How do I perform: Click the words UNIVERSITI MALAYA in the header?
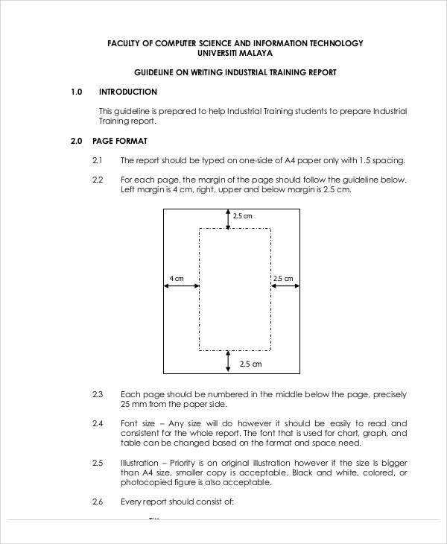click(235, 54)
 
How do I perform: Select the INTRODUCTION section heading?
click(127, 92)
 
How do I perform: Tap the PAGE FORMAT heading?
click(120, 141)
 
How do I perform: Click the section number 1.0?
click(75, 92)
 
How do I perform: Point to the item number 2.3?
click(97, 394)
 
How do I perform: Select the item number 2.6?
click(97, 502)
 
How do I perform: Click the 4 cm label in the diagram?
click(176, 279)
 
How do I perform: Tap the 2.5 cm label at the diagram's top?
click(243, 216)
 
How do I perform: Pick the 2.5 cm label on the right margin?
click(283, 279)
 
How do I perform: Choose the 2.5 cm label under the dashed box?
click(251, 364)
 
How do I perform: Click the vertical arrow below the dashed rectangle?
click(229, 361)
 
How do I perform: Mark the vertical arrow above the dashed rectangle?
click(229, 218)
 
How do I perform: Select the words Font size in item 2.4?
click(137, 423)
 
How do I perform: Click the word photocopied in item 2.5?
click(145, 482)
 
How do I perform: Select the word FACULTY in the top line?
click(126, 43)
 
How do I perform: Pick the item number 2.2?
click(97, 180)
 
